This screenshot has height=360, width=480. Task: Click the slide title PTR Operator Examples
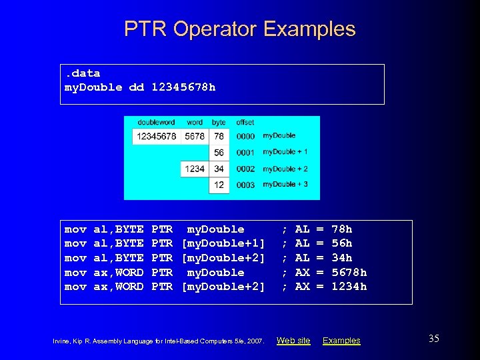239,29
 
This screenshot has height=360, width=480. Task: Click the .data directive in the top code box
82,73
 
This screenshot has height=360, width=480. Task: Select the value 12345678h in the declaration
183,87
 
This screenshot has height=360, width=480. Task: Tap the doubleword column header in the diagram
157,123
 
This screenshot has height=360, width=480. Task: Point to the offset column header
245,123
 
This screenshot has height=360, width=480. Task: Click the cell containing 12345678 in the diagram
157,137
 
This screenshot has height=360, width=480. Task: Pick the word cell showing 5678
195,137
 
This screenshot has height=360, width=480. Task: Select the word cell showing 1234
195,169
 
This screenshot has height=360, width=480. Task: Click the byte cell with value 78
219,137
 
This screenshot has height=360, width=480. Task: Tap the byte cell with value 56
219,153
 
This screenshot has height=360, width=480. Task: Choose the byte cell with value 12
219,185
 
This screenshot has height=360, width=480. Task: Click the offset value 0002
245,169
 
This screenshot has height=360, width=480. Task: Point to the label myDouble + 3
285,184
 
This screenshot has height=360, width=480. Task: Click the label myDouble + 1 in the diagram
285,152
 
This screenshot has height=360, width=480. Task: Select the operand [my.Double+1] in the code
223,243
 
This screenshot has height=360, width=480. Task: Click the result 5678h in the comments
349,272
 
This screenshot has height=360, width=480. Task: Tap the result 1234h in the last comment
349,287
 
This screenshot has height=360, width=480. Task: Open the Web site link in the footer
293,341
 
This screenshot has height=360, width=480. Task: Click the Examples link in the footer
341,341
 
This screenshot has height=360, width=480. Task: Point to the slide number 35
433,339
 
